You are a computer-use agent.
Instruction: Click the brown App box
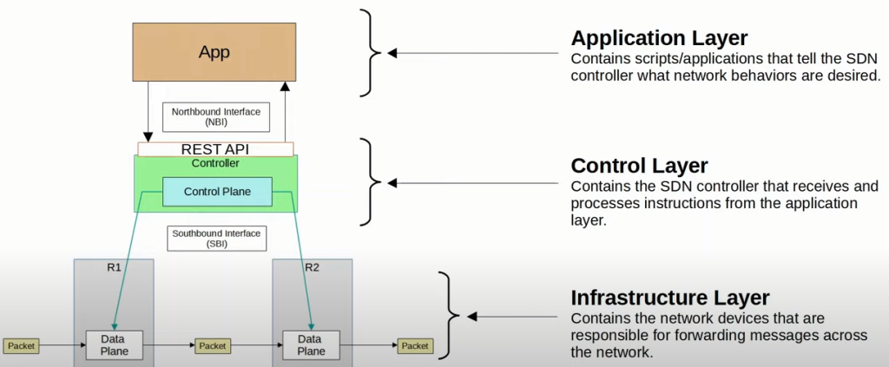214,53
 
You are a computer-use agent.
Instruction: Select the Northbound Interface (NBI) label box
216,117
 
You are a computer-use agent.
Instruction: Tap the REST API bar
214,149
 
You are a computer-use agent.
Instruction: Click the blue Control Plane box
217,192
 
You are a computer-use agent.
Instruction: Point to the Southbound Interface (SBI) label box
216,239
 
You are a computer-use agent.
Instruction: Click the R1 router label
114,267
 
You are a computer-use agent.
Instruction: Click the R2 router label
312,267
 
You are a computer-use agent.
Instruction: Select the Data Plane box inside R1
114,344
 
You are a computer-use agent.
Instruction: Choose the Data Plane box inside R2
312,344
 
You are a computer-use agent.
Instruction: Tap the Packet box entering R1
22,345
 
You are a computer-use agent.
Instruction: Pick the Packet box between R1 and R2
213,345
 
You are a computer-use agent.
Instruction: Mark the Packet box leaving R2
414,345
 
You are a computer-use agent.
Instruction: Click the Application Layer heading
659,38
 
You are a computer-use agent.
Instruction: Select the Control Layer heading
639,165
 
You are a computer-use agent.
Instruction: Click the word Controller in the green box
214,163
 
